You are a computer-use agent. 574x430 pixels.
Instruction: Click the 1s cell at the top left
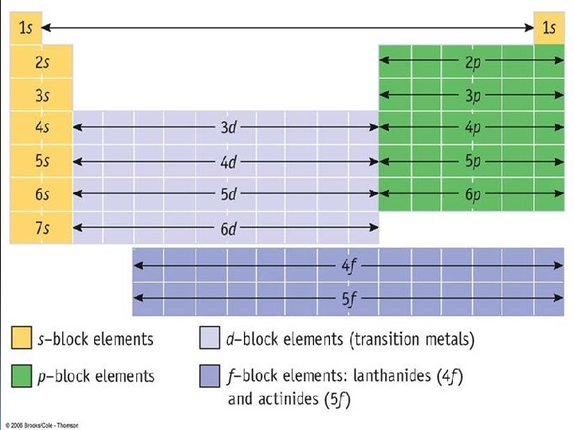25,28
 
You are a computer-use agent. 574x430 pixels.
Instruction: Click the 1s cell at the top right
548,28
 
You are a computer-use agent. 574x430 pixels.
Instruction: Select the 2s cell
41,63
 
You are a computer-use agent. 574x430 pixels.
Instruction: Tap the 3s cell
41,96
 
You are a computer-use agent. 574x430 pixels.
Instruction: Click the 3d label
228,128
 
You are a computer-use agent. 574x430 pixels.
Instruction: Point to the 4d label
228,162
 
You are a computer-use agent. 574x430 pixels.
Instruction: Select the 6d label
228,229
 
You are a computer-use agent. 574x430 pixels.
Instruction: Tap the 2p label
474,62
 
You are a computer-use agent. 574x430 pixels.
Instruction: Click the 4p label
474,128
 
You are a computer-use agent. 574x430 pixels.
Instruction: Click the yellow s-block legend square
22,338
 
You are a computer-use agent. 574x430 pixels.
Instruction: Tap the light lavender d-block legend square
209,338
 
